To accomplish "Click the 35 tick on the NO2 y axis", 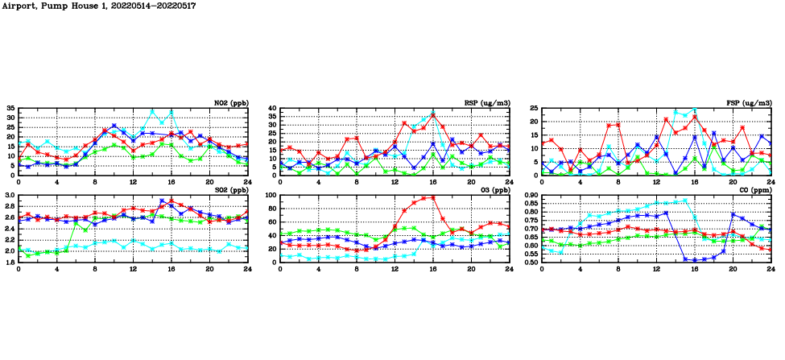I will pyautogui.click(x=10, y=108).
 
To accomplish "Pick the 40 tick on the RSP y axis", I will pyautogui.click(x=272, y=108).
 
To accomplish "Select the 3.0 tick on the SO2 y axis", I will pyautogui.click(x=9, y=195).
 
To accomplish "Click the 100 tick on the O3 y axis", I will pyautogui.click(x=270, y=195).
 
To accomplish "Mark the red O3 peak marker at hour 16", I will pyautogui.click(x=433, y=197).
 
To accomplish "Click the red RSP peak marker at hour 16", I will pyautogui.click(x=433, y=115).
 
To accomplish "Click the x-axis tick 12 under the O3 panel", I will pyautogui.click(x=395, y=269).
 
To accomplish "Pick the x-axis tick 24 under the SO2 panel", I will pyautogui.click(x=247, y=269).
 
